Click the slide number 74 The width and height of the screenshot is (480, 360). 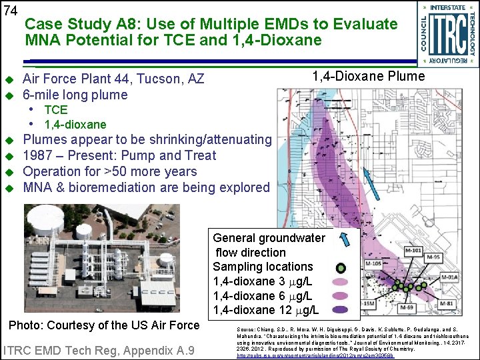click(x=10, y=11)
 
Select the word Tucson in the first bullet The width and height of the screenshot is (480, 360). click(x=160, y=79)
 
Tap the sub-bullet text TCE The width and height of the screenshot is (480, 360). click(x=56, y=110)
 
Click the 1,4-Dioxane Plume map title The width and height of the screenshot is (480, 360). click(x=369, y=76)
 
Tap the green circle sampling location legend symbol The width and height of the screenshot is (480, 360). click(x=341, y=268)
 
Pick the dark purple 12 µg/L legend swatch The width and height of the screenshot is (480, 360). click(x=341, y=309)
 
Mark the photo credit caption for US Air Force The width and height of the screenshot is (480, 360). click(x=103, y=325)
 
